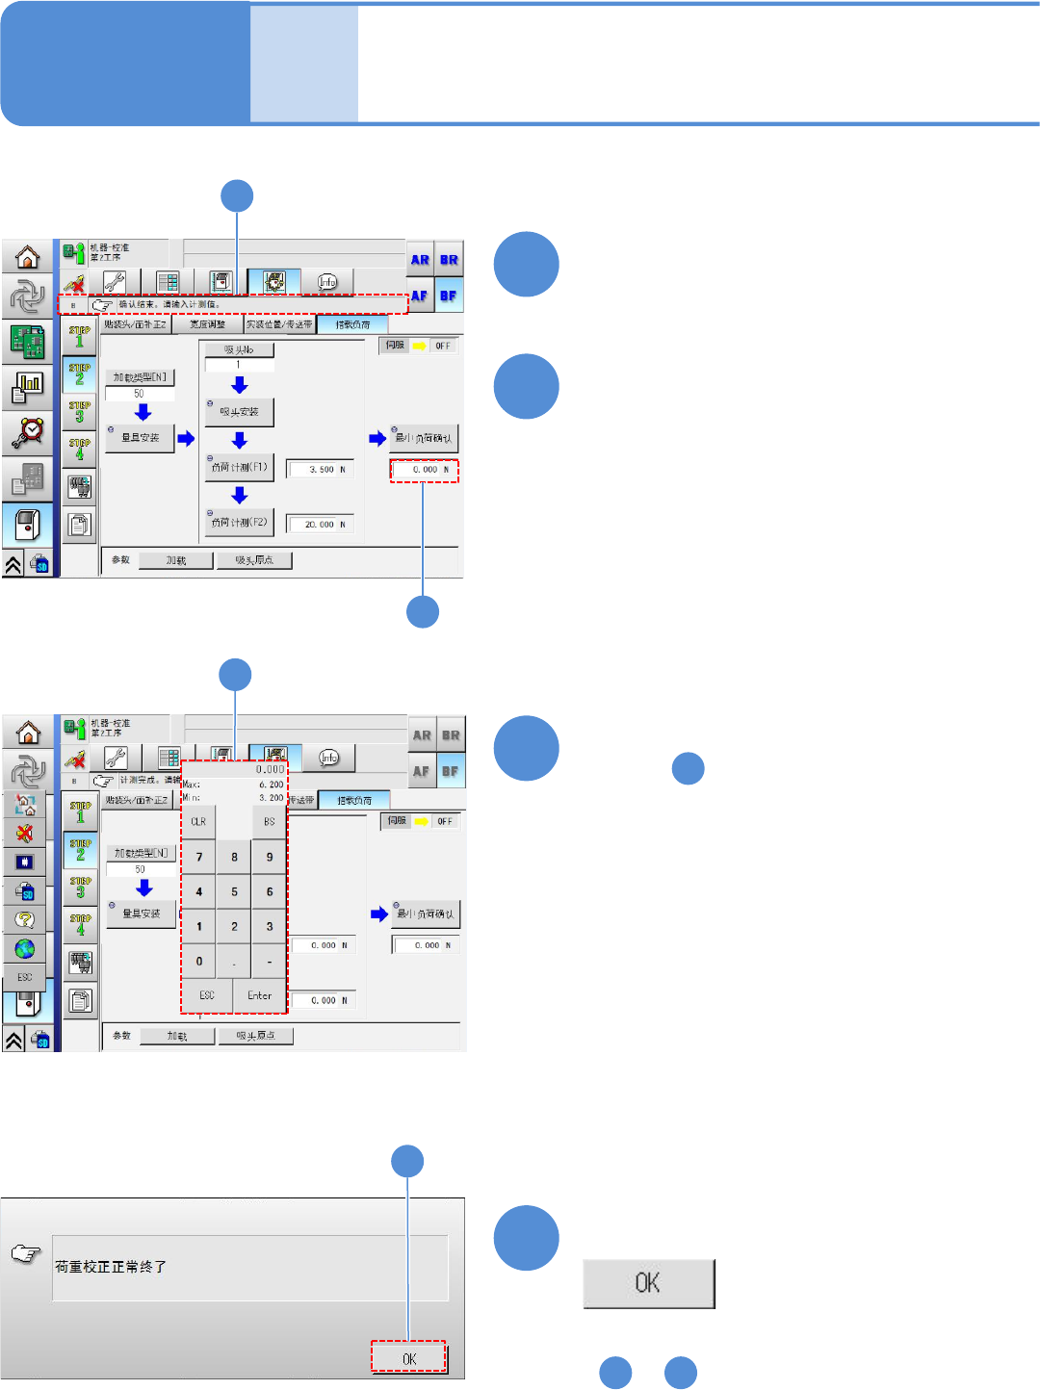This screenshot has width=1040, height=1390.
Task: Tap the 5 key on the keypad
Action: click(234, 891)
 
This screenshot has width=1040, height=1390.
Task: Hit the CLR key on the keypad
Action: click(198, 822)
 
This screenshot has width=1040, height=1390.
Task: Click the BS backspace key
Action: click(269, 822)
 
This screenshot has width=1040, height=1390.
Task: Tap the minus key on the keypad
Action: click(269, 961)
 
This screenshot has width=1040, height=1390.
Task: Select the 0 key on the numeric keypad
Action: click(199, 961)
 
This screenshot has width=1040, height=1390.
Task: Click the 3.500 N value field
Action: click(322, 470)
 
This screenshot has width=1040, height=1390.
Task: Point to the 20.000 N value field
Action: click(322, 525)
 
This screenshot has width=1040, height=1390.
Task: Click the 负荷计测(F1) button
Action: click(240, 468)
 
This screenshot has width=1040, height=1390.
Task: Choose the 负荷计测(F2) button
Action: click(240, 523)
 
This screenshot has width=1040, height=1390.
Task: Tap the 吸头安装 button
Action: click(240, 412)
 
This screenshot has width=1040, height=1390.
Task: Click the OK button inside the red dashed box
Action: click(409, 1358)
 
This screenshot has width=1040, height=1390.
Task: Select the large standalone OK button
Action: click(648, 1283)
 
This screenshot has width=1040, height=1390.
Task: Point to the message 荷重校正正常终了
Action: click(111, 1267)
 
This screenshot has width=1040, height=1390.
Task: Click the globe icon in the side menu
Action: click(25, 948)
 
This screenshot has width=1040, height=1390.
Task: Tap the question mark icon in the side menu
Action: click(25, 919)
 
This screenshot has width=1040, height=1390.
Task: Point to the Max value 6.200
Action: click(271, 785)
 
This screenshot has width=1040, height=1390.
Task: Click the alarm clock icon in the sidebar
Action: click(27, 432)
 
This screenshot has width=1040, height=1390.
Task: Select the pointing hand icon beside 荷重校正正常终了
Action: click(26, 1253)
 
